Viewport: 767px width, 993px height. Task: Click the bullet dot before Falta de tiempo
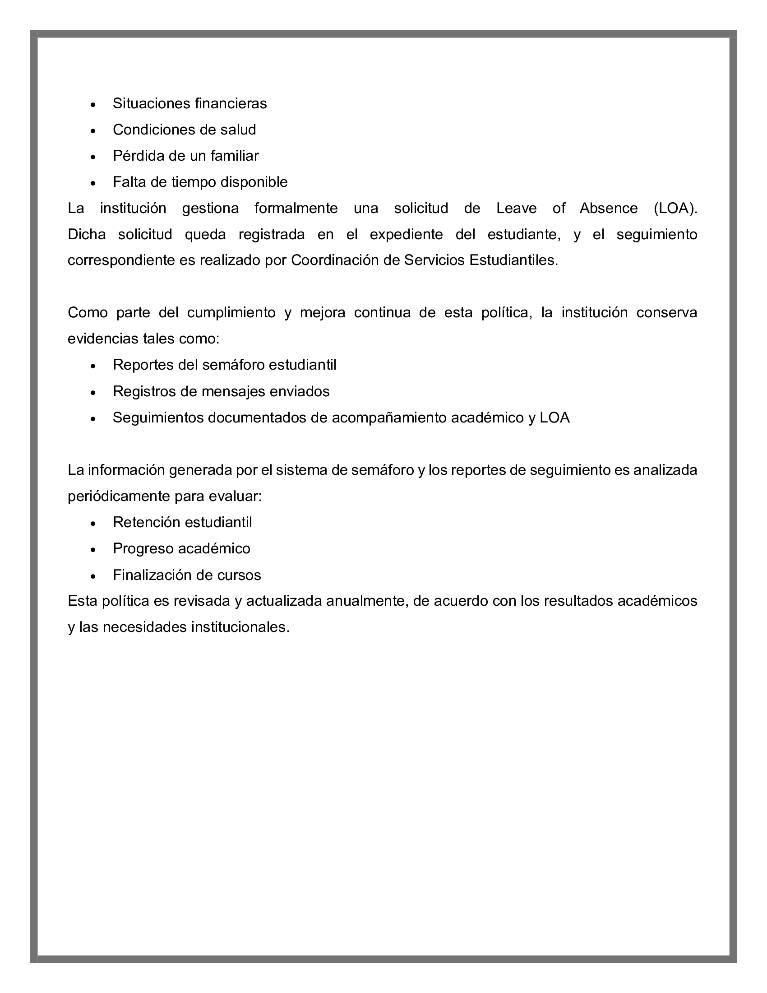pos(93,183)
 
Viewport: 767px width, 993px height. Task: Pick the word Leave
pos(516,208)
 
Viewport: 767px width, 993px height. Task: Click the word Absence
pos(609,208)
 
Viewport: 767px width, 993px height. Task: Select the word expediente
pos(406,235)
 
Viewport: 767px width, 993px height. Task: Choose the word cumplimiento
pos(231,313)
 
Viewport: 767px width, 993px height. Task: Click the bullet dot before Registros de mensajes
pos(93,392)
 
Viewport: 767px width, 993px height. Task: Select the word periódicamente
pos(119,496)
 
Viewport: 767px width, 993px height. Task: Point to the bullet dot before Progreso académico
pos(93,550)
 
